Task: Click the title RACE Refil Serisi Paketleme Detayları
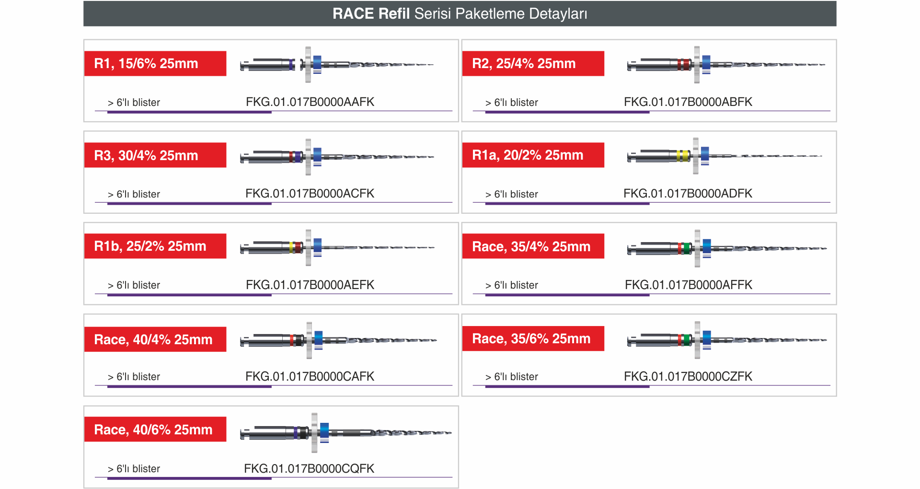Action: [x=460, y=13]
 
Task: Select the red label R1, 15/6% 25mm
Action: [x=155, y=63]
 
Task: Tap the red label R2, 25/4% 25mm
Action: [x=533, y=63]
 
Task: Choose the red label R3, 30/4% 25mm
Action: [x=155, y=155]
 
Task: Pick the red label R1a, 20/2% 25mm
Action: [x=533, y=155]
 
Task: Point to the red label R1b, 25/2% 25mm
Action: [x=155, y=246]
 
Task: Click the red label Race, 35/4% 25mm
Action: [x=533, y=246]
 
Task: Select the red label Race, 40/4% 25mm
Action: [x=155, y=339]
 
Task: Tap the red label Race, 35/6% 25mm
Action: [x=533, y=338]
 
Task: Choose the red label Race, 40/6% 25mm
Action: [x=155, y=429]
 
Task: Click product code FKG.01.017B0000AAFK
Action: [x=310, y=102]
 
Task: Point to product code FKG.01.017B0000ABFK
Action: [x=688, y=102]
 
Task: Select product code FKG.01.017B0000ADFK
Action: [x=688, y=193]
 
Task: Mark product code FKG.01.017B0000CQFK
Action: [x=309, y=468]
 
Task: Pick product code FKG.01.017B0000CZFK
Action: [x=688, y=376]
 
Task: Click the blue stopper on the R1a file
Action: [x=704, y=154]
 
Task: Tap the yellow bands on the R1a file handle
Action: [x=683, y=155]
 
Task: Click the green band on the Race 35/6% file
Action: [x=687, y=340]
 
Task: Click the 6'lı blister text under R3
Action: [x=138, y=194]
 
